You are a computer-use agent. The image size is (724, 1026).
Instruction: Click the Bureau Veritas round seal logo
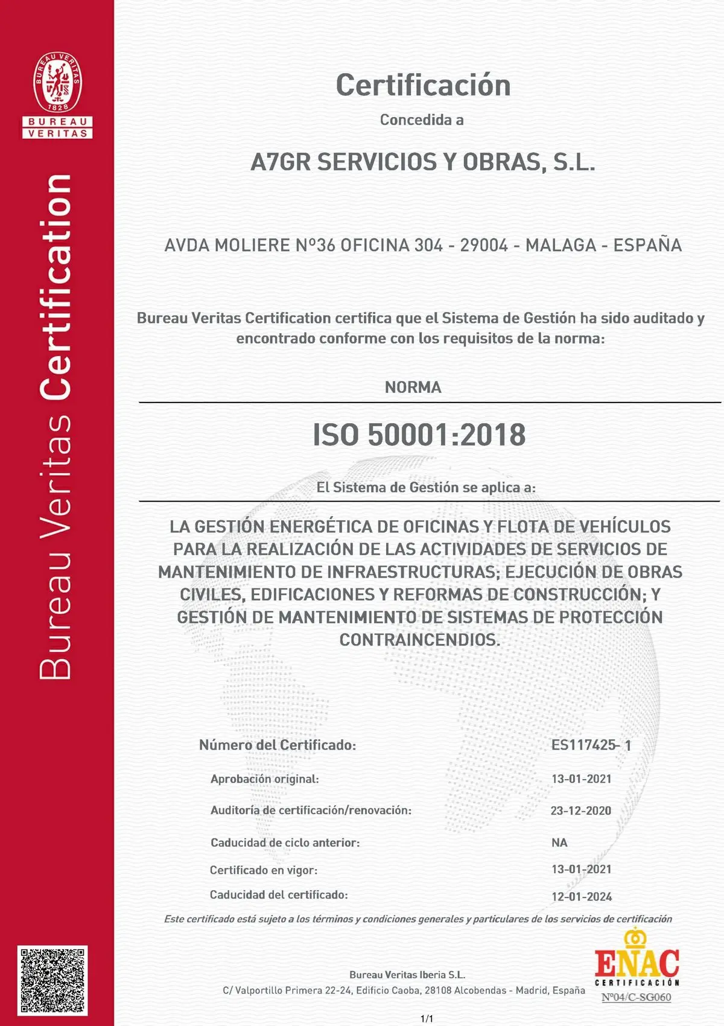[57, 82]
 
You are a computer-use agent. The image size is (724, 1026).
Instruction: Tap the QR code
[54, 980]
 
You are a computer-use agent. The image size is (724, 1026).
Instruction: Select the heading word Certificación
[423, 85]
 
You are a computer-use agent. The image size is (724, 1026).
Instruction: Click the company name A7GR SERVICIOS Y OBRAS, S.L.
[422, 162]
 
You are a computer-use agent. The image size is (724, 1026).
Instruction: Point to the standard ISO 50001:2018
[419, 435]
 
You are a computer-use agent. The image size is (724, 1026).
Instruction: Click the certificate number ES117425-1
[591, 745]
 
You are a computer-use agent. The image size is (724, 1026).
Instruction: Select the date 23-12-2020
[580, 811]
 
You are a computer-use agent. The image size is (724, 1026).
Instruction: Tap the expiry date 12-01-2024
[582, 897]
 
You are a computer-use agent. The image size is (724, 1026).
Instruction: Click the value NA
[559, 843]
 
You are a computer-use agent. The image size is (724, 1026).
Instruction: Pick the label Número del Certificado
[278, 745]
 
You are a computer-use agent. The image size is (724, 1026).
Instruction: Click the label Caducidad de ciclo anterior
[285, 843]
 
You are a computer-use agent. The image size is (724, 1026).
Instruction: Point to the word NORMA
[413, 387]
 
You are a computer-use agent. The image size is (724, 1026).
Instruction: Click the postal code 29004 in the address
[484, 246]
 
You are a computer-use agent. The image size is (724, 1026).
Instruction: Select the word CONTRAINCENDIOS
[420, 640]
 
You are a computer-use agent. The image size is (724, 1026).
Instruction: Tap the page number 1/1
[427, 1019]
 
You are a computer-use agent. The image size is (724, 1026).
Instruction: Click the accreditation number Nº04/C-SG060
[636, 997]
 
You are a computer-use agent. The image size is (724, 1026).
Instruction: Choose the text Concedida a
[422, 120]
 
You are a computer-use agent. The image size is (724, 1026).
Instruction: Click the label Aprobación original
[264, 779]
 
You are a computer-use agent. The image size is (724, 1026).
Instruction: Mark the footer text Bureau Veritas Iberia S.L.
[407, 975]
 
